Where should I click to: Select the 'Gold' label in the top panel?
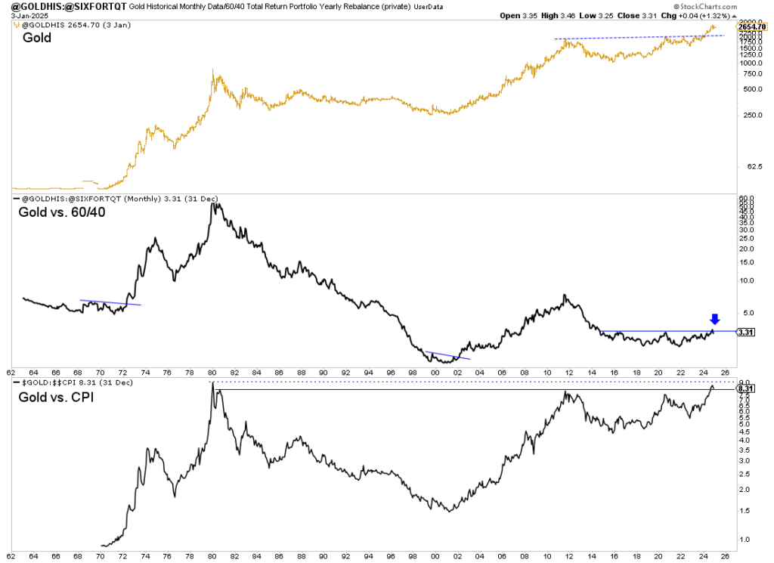click(x=38, y=37)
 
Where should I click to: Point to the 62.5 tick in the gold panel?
click(x=748, y=168)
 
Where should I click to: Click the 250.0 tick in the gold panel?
click(x=748, y=115)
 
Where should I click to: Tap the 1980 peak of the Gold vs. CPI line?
click(x=213, y=383)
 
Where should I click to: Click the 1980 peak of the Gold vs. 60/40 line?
click(x=212, y=204)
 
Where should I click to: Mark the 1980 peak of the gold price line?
click(x=216, y=75)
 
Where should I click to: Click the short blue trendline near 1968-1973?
click(x=110, y=303)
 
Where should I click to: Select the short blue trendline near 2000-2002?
click(x=447, y=354)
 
